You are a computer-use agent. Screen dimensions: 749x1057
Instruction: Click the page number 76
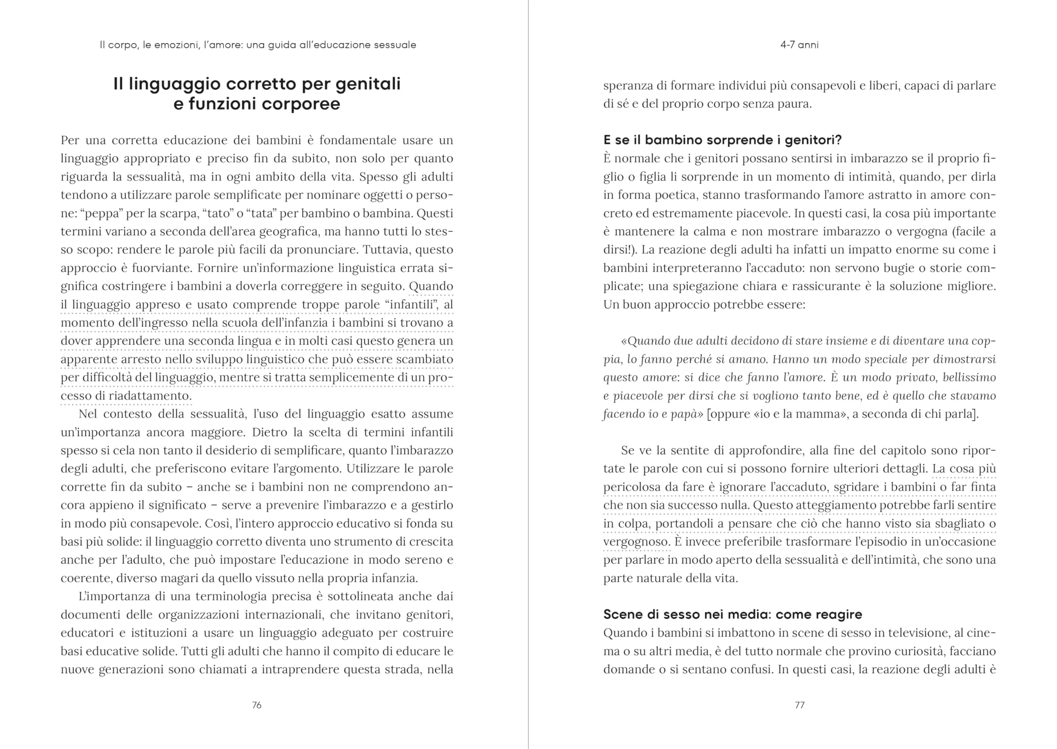(257, 705)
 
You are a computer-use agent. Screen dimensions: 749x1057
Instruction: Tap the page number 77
(799, 705)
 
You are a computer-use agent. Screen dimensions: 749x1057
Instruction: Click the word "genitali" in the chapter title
(368, 84)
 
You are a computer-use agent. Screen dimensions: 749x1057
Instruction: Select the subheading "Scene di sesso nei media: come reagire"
(732, 614)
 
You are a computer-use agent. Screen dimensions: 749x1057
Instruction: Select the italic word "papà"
(684, 414)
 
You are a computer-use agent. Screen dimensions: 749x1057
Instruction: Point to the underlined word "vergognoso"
(636, 542)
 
